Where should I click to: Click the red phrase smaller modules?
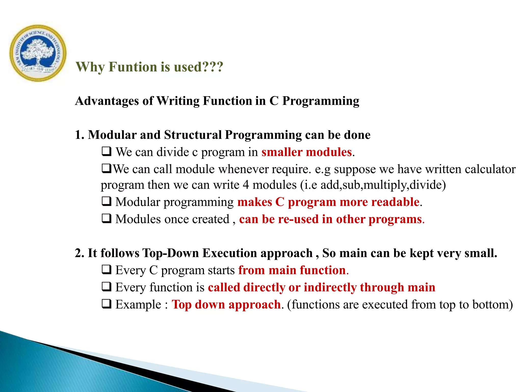tap(307, 152)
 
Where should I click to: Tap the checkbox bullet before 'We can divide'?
tap(107, 152)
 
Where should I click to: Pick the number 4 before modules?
tap(245, 185)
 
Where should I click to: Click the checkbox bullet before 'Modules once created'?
tap(107, 219)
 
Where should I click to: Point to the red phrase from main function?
tap(292, 270)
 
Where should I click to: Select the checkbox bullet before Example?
tap(107, 304)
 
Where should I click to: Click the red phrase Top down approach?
tap(226, 304)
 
